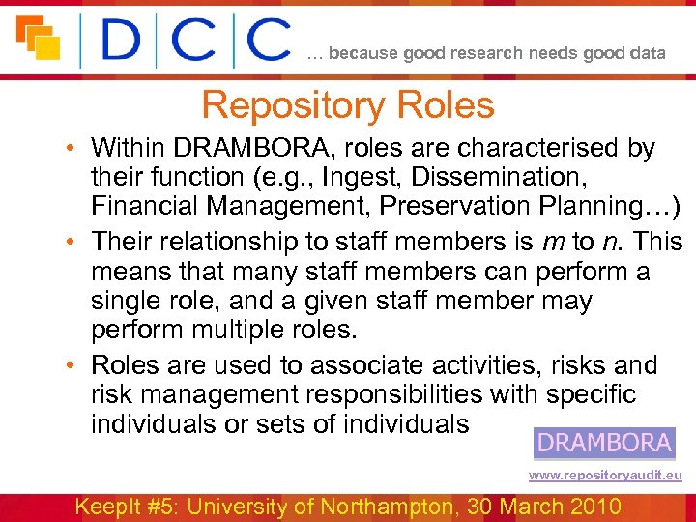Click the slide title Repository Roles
coord(348,105)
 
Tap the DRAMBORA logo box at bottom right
coord(604,443)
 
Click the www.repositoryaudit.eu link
coord(605,476)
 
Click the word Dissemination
coord(502,178)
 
